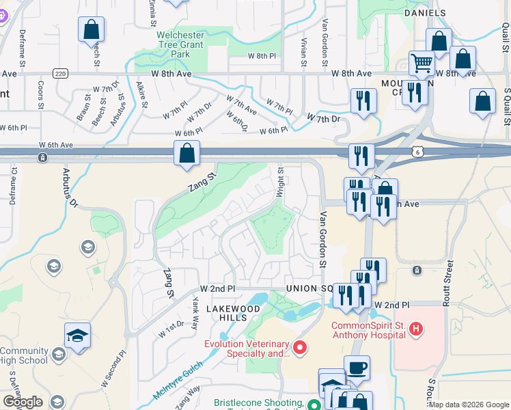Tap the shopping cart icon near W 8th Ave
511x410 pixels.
point(422,64)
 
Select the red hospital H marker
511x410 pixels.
point(415,331)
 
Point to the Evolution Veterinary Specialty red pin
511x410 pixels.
point(299,348)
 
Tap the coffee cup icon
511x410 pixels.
point(357,368)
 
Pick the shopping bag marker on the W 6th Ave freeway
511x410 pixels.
point(187,153)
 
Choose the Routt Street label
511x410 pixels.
point(449,281)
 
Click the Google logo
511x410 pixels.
point(23,402)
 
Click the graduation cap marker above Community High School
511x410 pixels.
point(77,336)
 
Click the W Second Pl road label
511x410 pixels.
point(113,369)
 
